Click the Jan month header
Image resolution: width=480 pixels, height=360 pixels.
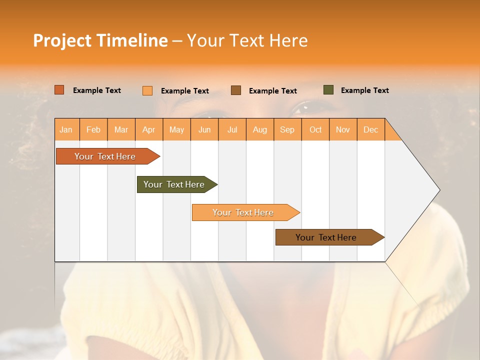point(66,129)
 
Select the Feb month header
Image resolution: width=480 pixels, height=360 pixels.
point(93,129)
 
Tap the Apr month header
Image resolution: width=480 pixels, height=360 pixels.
point(149,129)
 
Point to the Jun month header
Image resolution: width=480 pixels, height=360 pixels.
point(204,129)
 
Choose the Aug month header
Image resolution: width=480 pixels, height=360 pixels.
point(260,129)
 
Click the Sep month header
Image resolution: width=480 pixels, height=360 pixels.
point(287,129)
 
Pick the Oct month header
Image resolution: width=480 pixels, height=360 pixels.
point(315,129)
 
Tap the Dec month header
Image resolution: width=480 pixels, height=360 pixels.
point(371,129)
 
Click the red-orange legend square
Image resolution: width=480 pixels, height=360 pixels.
point(59,90)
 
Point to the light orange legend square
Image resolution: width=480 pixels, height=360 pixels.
point(147,90)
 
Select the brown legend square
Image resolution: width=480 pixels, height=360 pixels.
point(236,90)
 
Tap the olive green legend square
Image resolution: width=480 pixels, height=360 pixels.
point(328,90)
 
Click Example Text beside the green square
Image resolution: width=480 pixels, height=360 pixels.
point(364,90)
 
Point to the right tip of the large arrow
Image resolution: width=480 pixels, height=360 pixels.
point(438,190)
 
